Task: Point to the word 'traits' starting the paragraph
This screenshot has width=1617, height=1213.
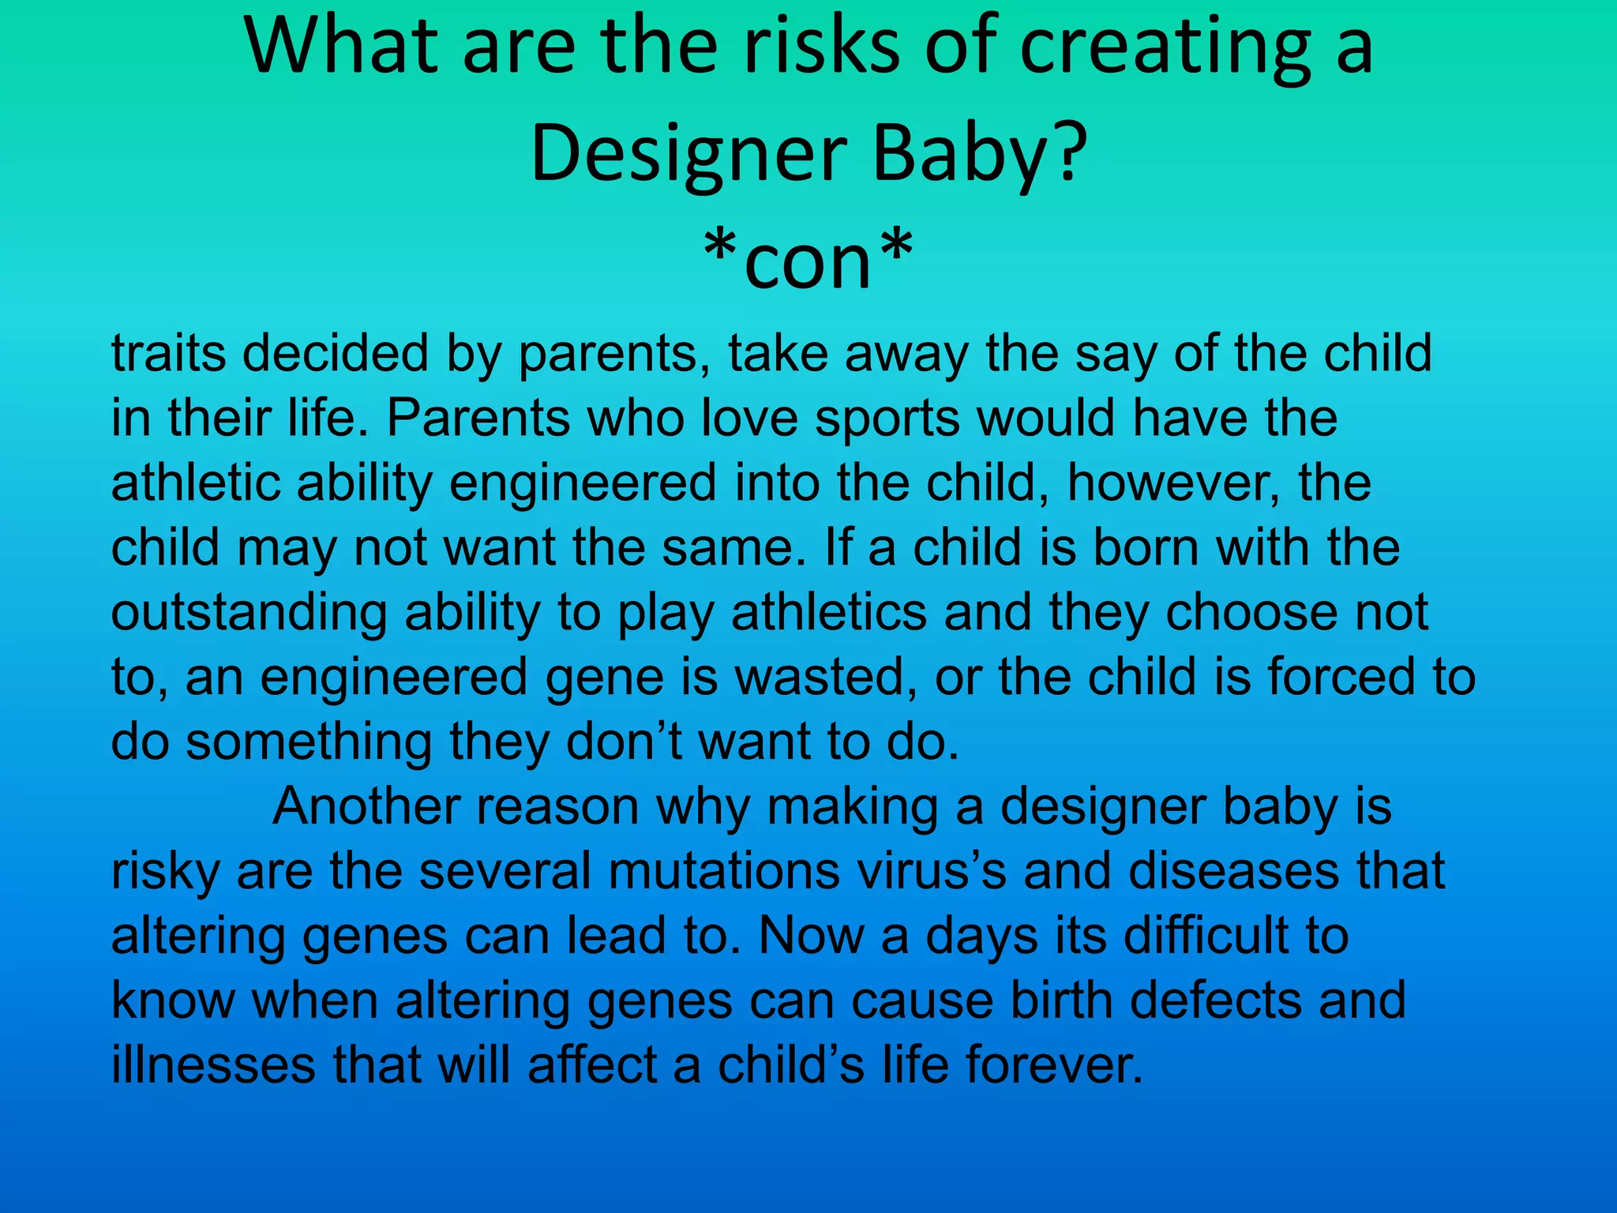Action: pyautogui.click(x=168, y=353)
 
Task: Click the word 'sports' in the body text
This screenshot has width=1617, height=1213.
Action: pyautogui.click(x=887, y=418)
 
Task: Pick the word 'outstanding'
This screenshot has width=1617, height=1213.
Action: pyautogui.click(x=249, y=613)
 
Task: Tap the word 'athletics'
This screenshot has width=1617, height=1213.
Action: pyautogui.click(x=828, y=613)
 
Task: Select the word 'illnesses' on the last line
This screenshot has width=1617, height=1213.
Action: pyautogui.click(x=213, y=1066)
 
